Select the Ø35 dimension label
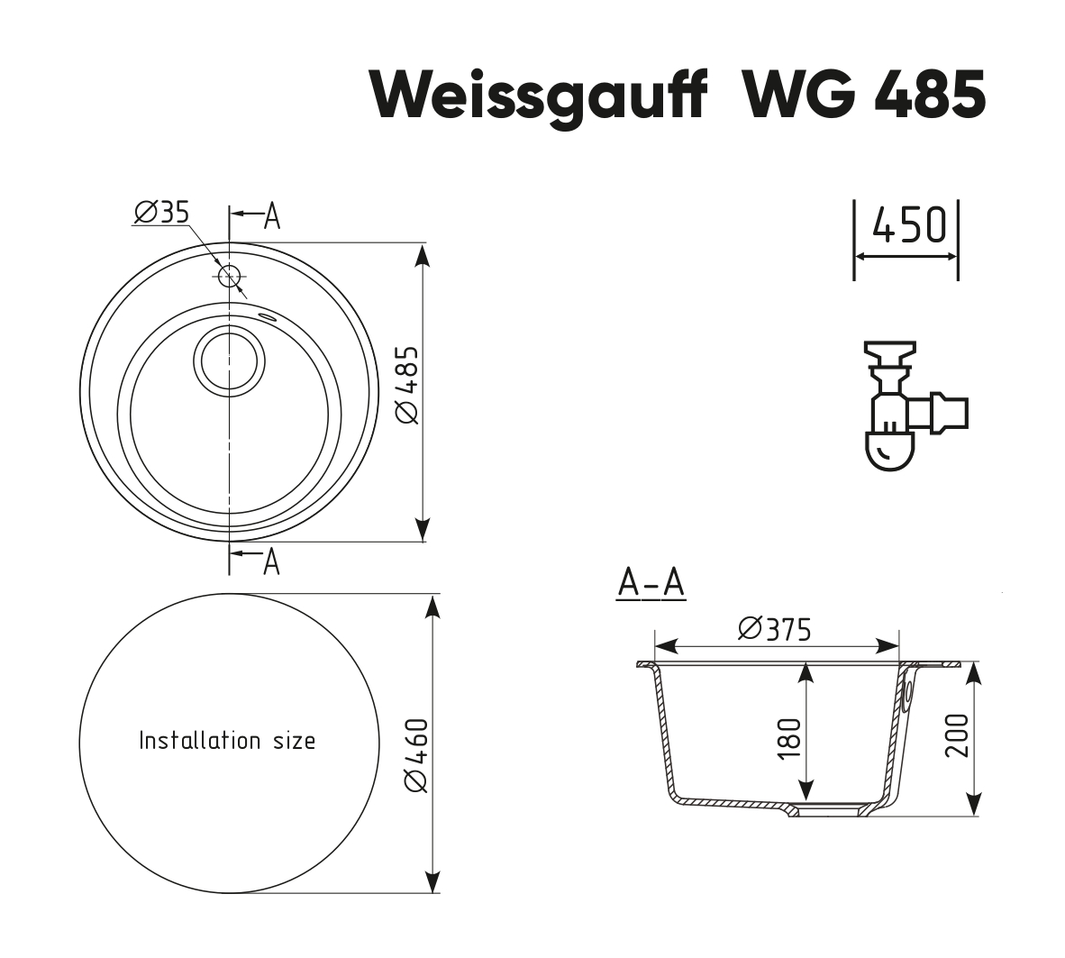161,212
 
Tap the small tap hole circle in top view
229,276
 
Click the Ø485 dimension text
407,383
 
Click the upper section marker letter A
271,216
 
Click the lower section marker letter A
271,561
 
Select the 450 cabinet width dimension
908,225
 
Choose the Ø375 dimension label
774,628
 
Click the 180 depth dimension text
788,737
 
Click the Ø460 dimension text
415,755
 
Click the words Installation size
227,741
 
